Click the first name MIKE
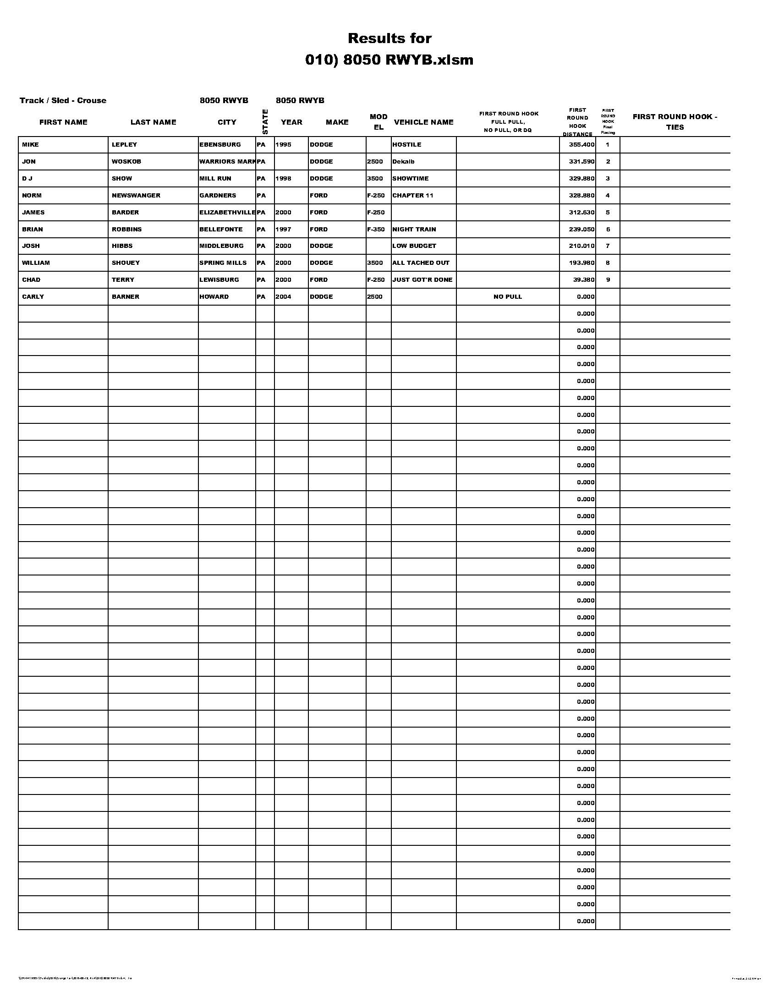coord(30,144)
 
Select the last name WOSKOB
coord(126,162)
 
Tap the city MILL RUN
coord(215,179)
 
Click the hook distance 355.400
coord(581,144)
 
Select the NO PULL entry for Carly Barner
coord(507,296)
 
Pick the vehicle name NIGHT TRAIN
coord(414,230)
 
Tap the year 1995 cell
coord(283,144)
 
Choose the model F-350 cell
coord(376,230)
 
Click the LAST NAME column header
coord(153,122)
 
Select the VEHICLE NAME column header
coord(423,122)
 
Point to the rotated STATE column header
coord(265,122)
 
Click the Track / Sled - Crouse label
coord(63,101)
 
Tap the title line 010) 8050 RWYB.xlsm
coord(389,60)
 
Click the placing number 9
coord(608,279)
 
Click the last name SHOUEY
coord(126,263)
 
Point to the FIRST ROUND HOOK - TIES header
coord(674,122)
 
